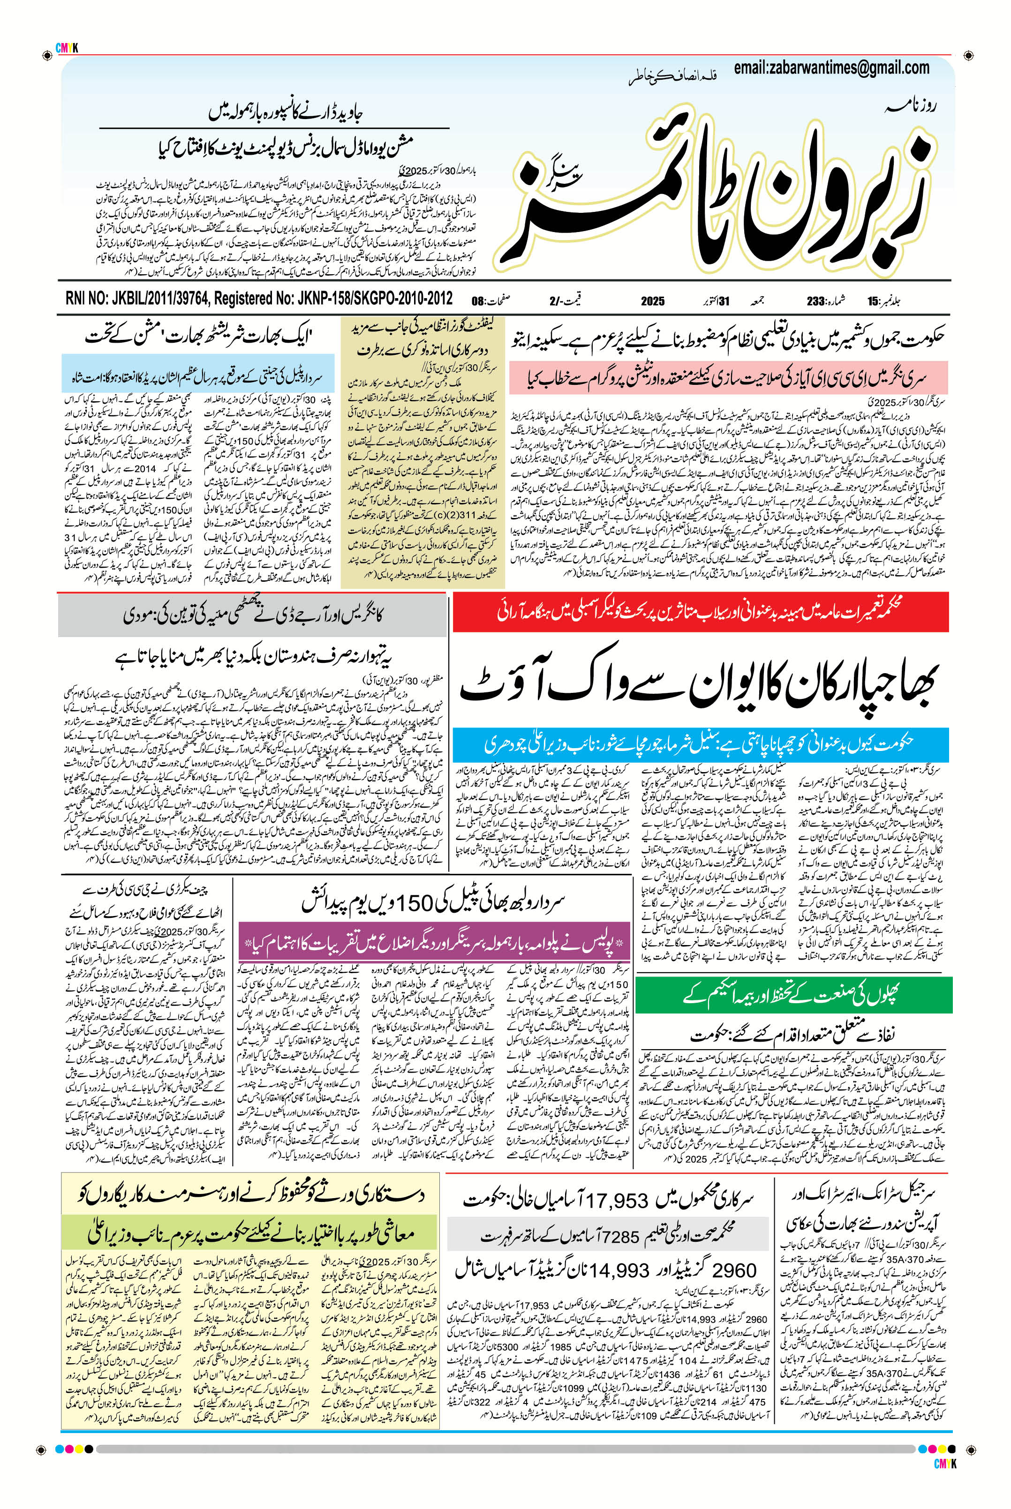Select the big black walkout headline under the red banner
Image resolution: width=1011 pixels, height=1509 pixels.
(700, 683)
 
